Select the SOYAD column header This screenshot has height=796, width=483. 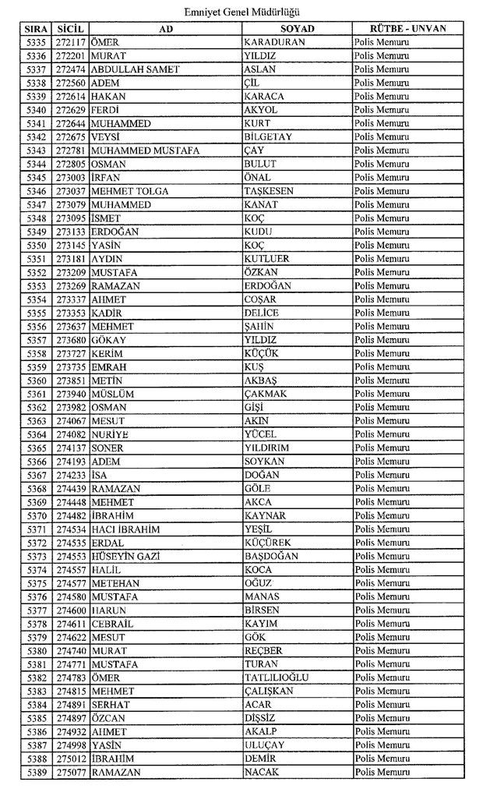[296, 29]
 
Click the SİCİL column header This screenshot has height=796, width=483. [72, 29]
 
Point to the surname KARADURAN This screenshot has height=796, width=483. [273, 42]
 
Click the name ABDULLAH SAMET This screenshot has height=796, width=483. [135, 69]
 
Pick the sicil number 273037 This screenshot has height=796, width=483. [72, 191]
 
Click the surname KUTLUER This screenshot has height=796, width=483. [266, 258]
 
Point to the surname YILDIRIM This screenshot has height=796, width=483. [266, 448]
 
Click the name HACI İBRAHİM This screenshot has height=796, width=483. [125, 529]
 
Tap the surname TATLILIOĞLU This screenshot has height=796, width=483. [276, 677]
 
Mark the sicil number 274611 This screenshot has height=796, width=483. [72, 624]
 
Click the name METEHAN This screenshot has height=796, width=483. [115, 583]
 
